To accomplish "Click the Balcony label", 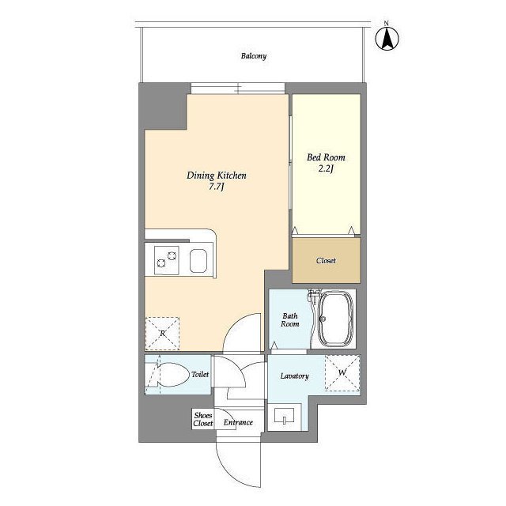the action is click(254, 56).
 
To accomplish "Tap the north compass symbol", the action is click(387, 38).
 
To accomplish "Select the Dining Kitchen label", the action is click(217, 176).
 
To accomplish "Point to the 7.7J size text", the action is click(217, 187).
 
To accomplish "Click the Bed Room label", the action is click(326, 157).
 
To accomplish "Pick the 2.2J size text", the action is click(326, 168).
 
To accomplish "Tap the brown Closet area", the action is click(327, 260).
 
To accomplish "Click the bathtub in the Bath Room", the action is click(335, 319).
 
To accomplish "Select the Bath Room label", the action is click(290, 319).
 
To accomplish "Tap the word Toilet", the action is click(200, 374).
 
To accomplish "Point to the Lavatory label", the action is click(295, 376).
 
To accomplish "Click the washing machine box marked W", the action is click(342, 373).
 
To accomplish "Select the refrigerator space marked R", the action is click(162, 334).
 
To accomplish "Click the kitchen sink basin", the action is click(198, 261).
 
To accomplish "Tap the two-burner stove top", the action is click(167, 260).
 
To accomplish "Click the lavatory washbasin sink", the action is click(285, 417).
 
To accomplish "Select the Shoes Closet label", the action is click(203, 419).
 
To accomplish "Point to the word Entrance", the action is click(238, 422).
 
